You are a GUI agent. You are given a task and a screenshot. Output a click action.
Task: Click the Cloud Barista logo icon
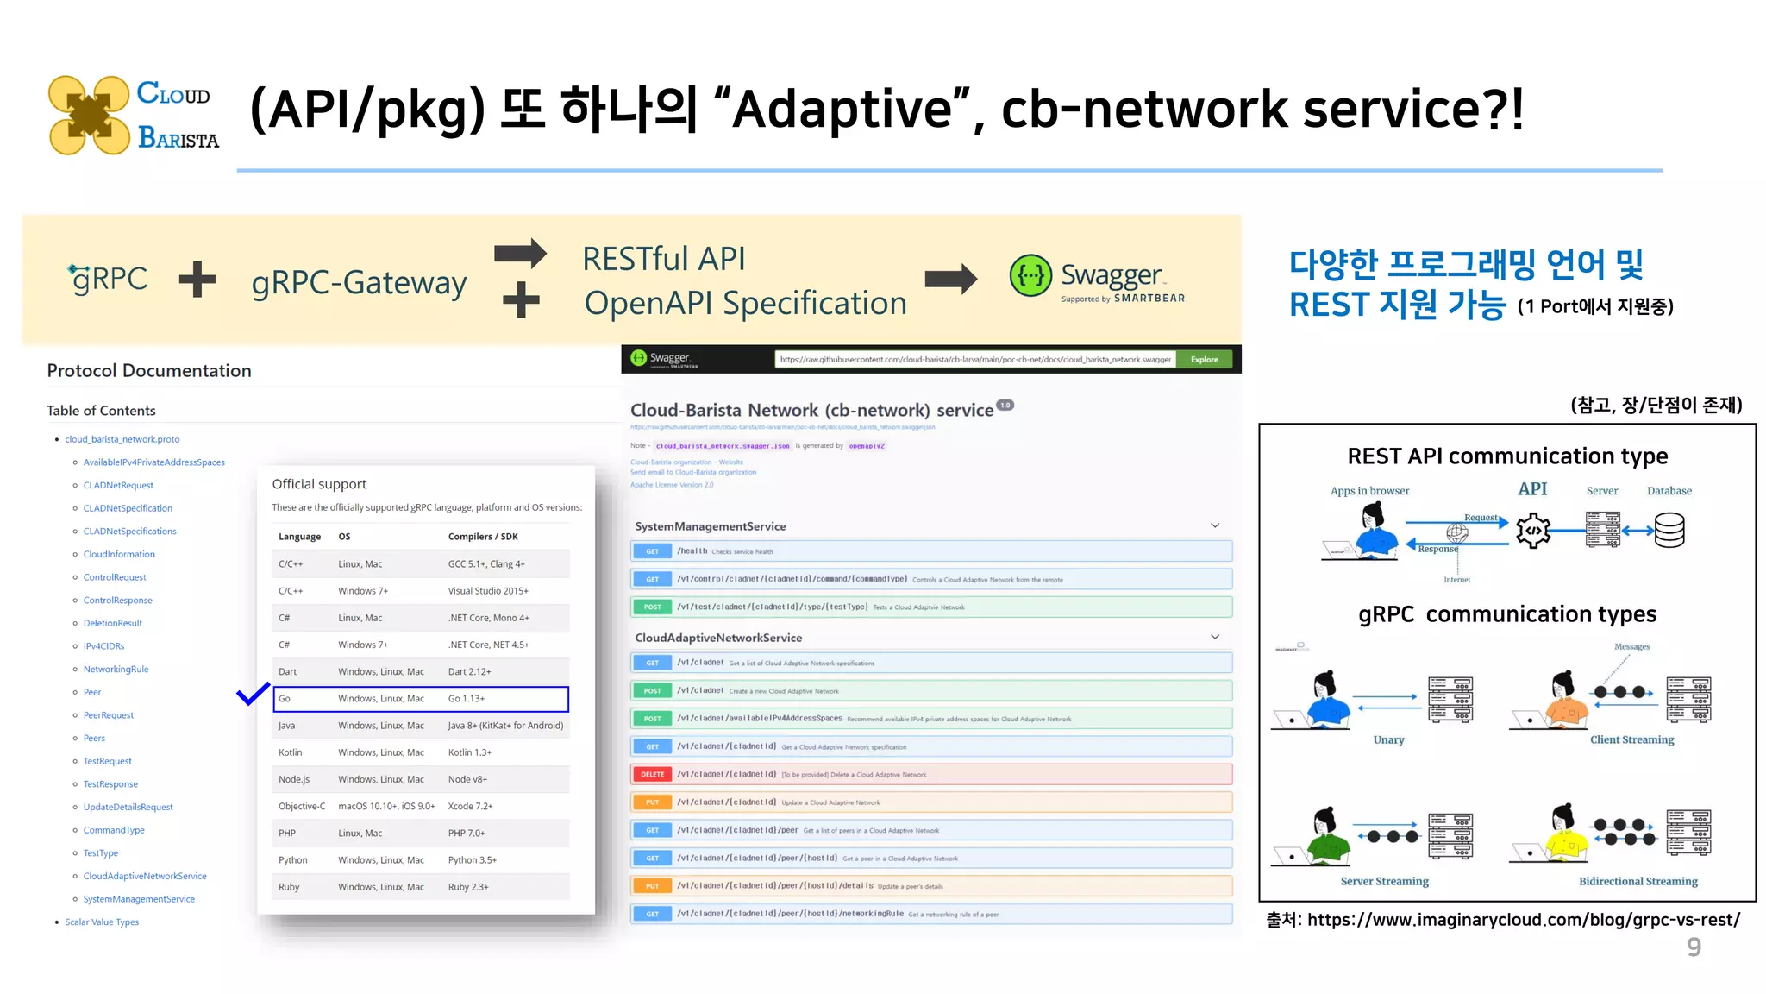pos(89,115)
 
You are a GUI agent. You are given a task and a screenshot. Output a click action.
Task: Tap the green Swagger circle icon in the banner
pos(1030,276)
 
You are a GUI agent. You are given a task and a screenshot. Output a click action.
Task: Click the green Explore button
pos(1204,360)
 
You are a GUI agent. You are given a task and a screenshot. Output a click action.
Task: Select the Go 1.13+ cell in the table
pos(467,699)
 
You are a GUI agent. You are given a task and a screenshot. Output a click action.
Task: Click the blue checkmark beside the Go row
pos(253,694)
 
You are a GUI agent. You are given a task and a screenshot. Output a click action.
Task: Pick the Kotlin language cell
pos(290,752)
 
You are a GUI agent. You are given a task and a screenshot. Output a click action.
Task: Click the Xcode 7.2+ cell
pos(470,806)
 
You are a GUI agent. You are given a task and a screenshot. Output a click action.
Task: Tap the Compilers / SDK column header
pos(483,537)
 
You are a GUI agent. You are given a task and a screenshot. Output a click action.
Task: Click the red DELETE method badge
pos(652,775)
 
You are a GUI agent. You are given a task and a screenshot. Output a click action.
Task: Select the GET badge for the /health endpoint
pos(652,551)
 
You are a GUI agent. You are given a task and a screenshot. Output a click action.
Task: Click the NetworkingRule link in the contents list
pos(116,670)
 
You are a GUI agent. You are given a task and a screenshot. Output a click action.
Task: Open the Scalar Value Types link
pos(102,922)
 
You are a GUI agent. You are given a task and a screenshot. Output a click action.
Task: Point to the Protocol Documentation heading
pos(149,371)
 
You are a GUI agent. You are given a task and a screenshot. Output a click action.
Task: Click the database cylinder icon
pos(1669,530)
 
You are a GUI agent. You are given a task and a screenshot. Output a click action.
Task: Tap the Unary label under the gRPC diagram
pos(1388,740)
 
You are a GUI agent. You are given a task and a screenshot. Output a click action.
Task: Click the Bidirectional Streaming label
pos(1638,882)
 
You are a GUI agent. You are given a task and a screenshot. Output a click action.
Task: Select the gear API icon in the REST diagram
pos(1533,530)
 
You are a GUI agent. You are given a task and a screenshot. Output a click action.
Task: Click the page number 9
pos(1694,947)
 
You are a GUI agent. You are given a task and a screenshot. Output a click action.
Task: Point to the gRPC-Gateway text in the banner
pos(359,283)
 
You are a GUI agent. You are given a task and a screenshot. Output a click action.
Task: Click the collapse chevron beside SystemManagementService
pos(1214,525)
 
